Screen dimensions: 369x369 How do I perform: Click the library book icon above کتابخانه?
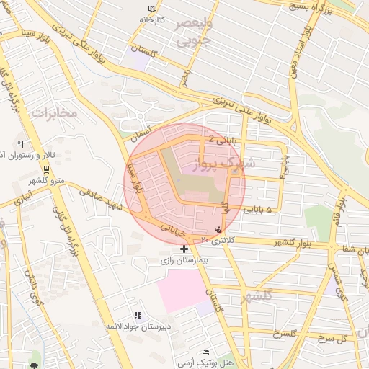point(151,8)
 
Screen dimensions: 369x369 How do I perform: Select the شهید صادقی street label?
point(113,200)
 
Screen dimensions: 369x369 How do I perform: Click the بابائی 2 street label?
point(221,138)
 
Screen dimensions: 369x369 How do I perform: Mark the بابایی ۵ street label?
point(259,210)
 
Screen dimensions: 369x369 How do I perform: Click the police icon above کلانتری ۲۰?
point(218,228)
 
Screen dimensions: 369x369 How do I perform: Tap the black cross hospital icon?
point(184,248)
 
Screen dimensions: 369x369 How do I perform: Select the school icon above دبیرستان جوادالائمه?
point(137,315)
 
